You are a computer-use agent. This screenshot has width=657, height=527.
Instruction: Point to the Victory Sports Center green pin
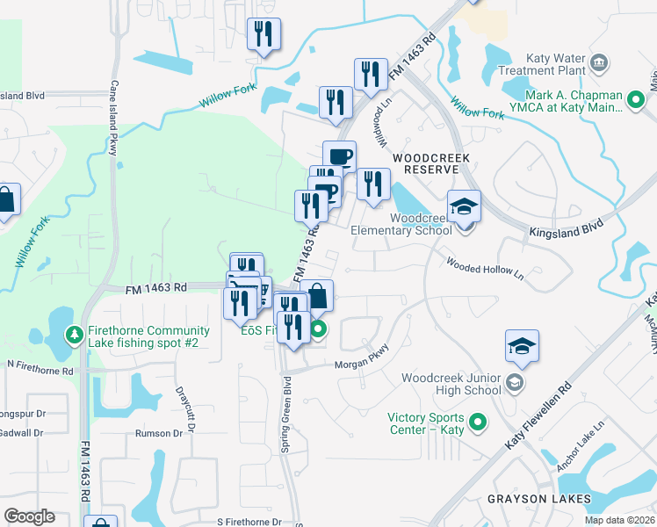pyautogui.click(x=479, y=423)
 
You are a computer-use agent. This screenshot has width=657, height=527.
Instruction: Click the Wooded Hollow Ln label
pyautogui.click(x=484, y=269)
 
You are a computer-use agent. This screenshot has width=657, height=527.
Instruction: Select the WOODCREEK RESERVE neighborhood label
pyautogui.click(x=431, y=163)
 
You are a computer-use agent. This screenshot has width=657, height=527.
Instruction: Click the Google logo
pyautogui.click(x=30, y=516)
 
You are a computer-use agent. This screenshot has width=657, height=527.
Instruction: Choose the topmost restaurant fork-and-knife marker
pyautogui.click(x=264, y=34)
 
